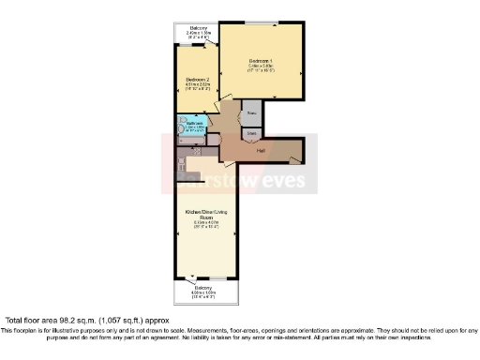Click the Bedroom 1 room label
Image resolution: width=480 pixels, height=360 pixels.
coord(260,60)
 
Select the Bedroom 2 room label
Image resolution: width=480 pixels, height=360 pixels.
coord(196,80)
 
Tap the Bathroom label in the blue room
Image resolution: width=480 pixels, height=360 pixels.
coord(194,123)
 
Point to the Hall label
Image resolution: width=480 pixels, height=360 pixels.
coord(262,150)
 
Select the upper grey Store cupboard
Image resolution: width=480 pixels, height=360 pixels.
coord(250,114)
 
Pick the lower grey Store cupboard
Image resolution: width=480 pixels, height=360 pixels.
coord(250,134)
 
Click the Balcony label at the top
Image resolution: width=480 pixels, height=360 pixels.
coord(198,29)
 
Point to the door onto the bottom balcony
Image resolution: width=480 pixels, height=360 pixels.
coord(192,278)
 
